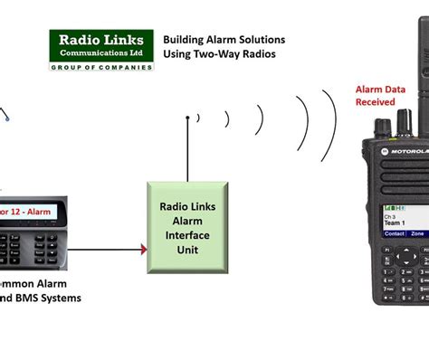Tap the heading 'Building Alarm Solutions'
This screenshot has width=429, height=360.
(x=224, y=40)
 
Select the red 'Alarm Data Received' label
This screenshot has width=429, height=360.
(x=376, y=95)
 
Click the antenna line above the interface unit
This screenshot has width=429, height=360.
(x=187, y=148)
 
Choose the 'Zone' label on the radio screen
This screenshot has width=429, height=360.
(x=417, y=233)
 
